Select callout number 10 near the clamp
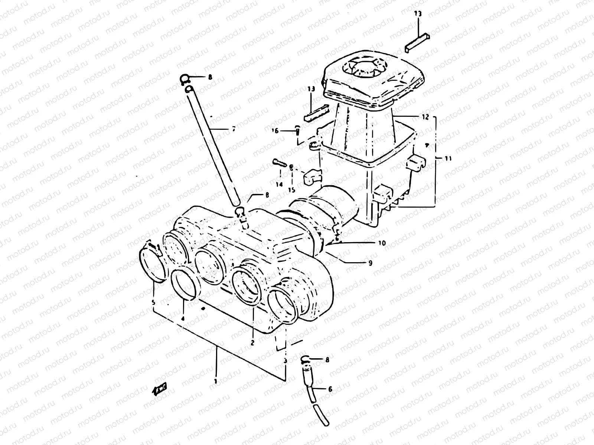[382, 243]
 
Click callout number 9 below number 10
[370, 263]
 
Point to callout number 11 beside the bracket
[448, 158]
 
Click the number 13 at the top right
[418, 14]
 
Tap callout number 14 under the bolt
[279, 184]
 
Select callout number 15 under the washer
[291, 190]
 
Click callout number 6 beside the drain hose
[330, 389]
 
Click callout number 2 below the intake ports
[252, 343]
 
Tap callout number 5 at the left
[153, 303]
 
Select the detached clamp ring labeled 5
[152, 265]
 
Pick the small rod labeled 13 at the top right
[418, 42]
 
